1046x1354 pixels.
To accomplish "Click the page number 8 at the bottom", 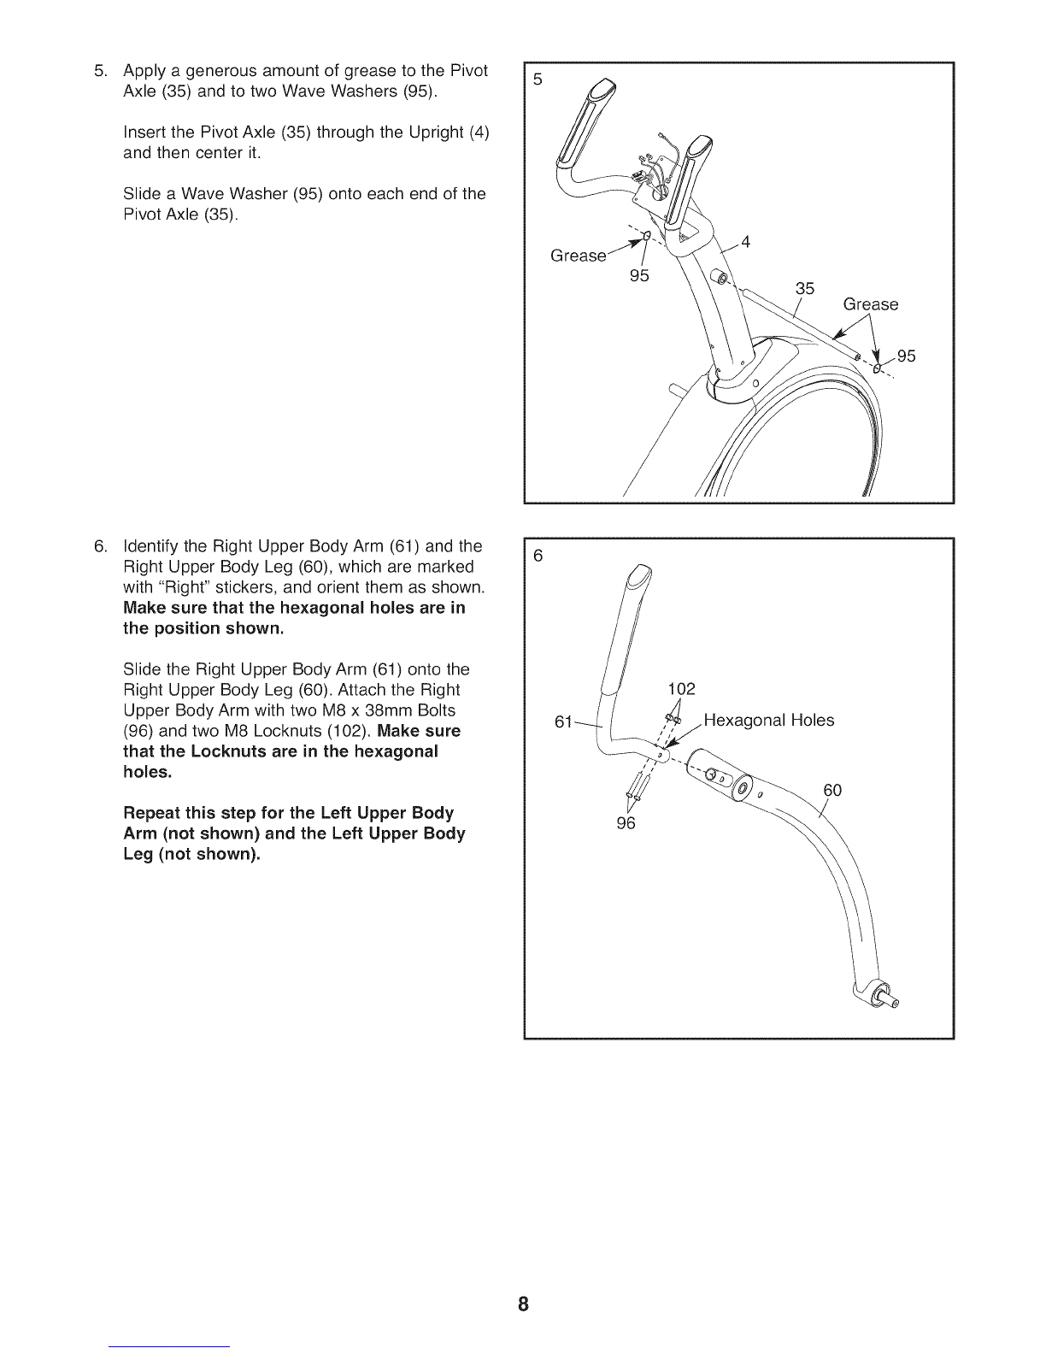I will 523,1304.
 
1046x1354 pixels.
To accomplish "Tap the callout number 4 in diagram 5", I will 745,242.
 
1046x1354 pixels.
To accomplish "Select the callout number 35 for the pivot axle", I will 805,288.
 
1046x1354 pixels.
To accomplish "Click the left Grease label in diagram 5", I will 579,256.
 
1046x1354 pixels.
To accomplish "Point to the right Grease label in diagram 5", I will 870,304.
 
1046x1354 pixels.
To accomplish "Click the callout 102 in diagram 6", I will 681,689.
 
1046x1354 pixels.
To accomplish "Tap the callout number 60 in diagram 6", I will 832,790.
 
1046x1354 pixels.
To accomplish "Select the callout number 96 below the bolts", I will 626,824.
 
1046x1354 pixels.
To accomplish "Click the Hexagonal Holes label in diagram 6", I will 768,720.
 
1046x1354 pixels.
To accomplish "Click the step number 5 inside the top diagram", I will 538,79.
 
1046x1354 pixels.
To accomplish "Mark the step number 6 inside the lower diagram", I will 538,556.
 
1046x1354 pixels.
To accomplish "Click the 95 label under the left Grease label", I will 639,275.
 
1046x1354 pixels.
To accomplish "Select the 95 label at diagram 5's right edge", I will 906,356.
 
